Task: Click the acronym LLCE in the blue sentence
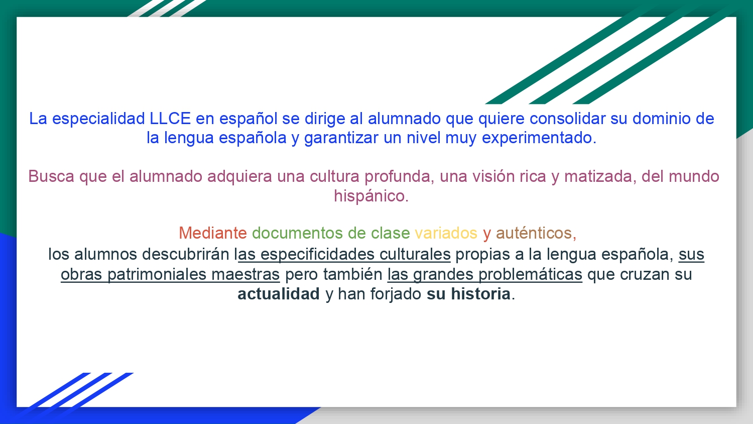click(x=170, y=119)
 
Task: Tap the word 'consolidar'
click(x=567, y=119)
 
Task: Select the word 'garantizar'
click(x=341, y=138)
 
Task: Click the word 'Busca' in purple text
click(x=51, y=176)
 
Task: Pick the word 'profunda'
click(x=398, y=177)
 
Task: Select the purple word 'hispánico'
click(x=369, y=196)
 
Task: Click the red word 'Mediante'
click(x=213, y=233)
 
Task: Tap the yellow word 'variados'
click(x=446, y=233)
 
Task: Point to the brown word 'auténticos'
click(x=534, y=233)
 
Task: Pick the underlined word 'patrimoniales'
click(x=157, y=275)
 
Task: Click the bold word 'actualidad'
click(x=279, y=294)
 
